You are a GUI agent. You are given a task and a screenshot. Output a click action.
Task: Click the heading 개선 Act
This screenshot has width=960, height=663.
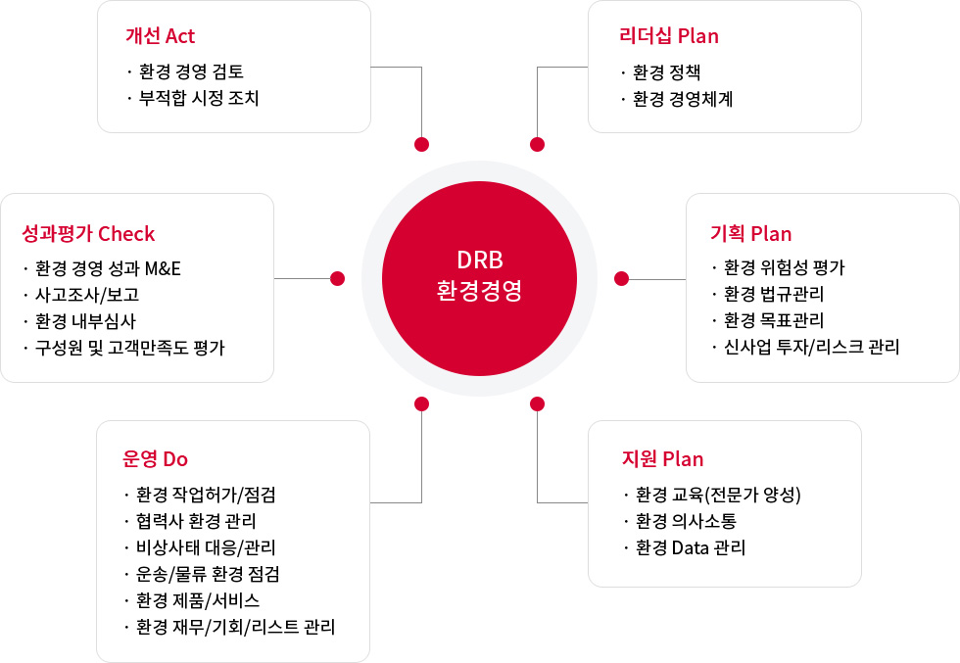[x=160, y=36]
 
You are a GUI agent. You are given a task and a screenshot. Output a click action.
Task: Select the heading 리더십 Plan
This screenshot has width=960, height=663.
[x=668, y=36]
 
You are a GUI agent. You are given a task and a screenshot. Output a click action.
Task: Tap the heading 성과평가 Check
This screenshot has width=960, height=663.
[x=88, y=234]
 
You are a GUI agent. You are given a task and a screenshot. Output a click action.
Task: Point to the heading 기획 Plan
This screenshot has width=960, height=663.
[x=750, y=234]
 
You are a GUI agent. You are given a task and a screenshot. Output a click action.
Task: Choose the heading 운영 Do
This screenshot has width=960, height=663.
[x=155, y=459]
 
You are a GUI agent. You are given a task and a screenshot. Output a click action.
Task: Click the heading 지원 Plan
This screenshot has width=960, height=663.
[x=662, y=459]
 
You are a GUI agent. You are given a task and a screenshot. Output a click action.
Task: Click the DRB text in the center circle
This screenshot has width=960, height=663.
[x=480, y=260]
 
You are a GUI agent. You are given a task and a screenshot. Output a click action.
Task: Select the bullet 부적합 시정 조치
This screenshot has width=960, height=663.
[x=199, y=98]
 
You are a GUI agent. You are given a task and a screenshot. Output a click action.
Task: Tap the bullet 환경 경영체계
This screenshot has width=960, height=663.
[x=683, y=99]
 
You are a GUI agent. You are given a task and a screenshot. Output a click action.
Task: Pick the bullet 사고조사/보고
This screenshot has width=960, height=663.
[x=87, y=295]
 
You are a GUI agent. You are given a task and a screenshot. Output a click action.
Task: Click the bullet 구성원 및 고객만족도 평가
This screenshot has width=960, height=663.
[x=129, y=348]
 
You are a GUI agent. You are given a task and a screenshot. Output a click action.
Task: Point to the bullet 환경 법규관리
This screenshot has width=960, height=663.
[x=774, y=294]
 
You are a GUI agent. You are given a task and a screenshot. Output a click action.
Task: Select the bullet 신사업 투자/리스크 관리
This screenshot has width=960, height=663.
[x=812, y=347]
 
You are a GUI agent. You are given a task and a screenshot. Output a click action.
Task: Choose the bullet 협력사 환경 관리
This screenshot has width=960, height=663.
[x=196, y=521]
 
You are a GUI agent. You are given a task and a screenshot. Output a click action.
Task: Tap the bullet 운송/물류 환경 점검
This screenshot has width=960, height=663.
[x=208, y=574]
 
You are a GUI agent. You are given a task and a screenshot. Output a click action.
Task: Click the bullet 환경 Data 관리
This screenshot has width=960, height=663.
[x=691, y=547]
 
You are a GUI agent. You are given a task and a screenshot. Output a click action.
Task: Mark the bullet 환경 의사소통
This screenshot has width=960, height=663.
[x=686, y=521]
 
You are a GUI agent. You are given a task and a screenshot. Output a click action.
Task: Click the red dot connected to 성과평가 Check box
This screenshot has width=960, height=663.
[x=337, y=278]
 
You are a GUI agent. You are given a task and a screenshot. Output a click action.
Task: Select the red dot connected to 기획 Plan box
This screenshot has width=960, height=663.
[x=621, y=278]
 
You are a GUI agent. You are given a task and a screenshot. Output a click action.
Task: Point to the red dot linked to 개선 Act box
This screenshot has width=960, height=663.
[x=422, y=145]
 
